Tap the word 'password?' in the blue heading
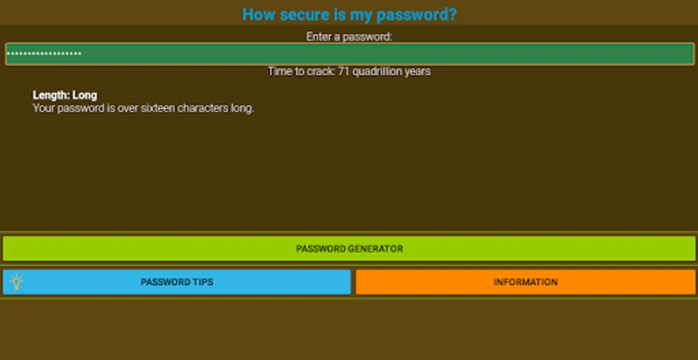[x=416, y=15]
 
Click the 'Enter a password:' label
[x=349, y=37]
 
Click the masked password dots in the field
[x=44, y=54]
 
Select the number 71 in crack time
[x=344, y=71]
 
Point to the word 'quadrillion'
[x=377, y=71]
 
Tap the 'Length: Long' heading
[x=65, y=95]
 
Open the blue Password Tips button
[x=177, y=282]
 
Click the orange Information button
[x=525, y=282]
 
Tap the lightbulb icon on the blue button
[x=17, y=282]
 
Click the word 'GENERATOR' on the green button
[x=375, y=249]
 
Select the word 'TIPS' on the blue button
[x=203, y=282]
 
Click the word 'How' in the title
[x=258, y=15]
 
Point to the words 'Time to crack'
[x=301, y=71]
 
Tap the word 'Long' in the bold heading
[x=85, y=95]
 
